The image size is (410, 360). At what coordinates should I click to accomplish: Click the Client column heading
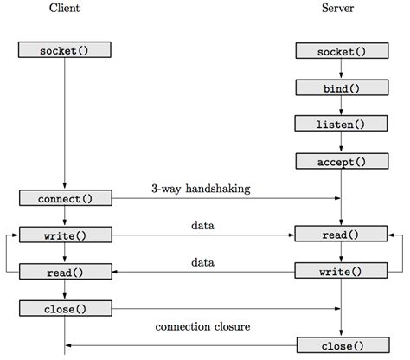[64, 8]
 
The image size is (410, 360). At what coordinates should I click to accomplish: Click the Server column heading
[337, 8]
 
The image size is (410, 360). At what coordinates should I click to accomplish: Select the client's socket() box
[65, 49]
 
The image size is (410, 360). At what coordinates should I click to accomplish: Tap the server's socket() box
[342, 51]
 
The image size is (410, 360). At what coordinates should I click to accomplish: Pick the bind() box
[342, 87]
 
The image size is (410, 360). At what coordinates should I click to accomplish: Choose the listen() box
[341, 124]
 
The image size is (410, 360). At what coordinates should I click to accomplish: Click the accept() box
[342, 161]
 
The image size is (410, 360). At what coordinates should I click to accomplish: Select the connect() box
[66, 198]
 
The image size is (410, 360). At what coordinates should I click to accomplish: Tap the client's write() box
[66, 235]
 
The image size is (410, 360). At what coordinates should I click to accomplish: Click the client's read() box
[66, 272]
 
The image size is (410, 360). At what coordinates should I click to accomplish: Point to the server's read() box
[341, 234]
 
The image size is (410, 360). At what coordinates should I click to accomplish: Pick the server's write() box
[341, 271]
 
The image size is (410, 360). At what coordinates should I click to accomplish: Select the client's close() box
[66, 308]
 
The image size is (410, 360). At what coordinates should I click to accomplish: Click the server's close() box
[343, 345]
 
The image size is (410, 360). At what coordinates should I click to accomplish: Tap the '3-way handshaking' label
[201, 189]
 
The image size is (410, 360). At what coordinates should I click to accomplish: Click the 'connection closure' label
[202, 326]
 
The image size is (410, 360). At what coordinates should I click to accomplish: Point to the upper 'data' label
[202, 225]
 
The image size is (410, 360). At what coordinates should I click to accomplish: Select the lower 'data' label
[202, 262]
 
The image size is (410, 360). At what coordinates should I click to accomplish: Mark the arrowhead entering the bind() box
[341, 75]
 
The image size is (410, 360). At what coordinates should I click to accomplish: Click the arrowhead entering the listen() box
[341, 112]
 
